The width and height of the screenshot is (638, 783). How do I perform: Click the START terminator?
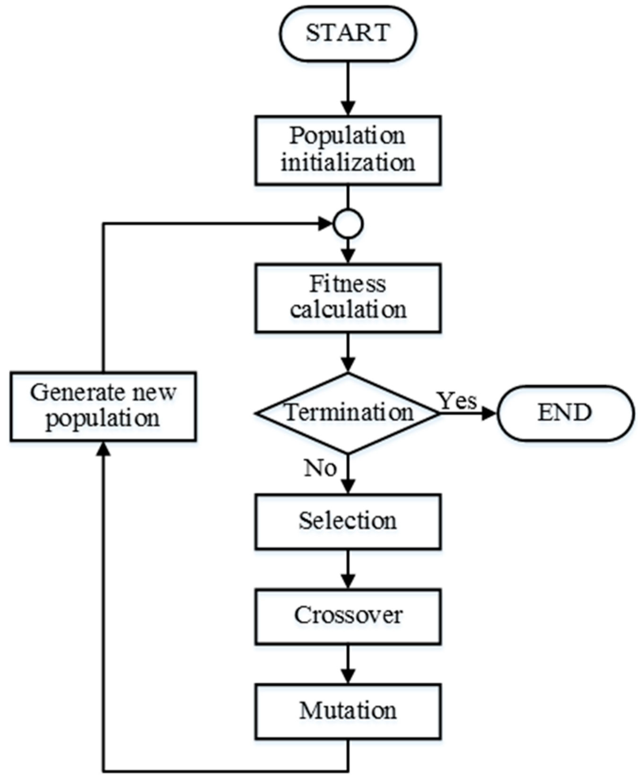(348, 33)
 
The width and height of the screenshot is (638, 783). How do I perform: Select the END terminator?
(565, 413)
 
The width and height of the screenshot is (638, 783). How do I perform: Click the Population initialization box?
(348, 150)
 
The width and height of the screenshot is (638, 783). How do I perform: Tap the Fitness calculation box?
(348, 298)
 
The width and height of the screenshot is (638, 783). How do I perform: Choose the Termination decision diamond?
(348, 413)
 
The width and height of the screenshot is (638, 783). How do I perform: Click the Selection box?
(348, 521)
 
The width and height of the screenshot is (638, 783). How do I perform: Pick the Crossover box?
(348, 616)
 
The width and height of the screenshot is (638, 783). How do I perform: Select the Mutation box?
(348, 711)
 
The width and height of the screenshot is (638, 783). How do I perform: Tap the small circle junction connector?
(348, 224)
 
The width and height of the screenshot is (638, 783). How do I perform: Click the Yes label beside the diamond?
(457, 401)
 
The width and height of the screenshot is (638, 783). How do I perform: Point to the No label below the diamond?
(321, 468)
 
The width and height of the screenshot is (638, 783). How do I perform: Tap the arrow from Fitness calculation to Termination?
(348, 352)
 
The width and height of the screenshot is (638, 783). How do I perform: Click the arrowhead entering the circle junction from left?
(326, 224)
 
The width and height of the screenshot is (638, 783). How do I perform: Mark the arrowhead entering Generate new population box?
(104, 448)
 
